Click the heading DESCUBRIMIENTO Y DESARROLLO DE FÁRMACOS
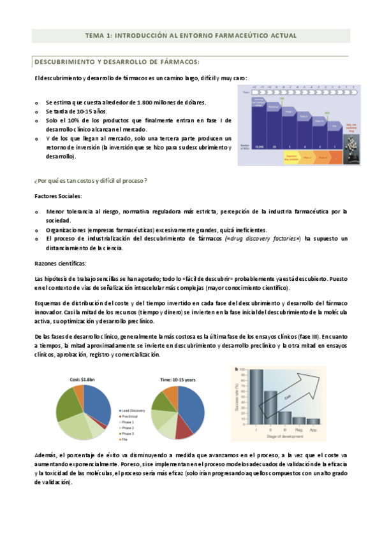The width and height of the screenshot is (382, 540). click(x=116, y=62)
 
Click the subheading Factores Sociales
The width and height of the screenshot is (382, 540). click(x=57, y=196)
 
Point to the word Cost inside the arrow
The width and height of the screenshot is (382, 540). click(x=290, y=397)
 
